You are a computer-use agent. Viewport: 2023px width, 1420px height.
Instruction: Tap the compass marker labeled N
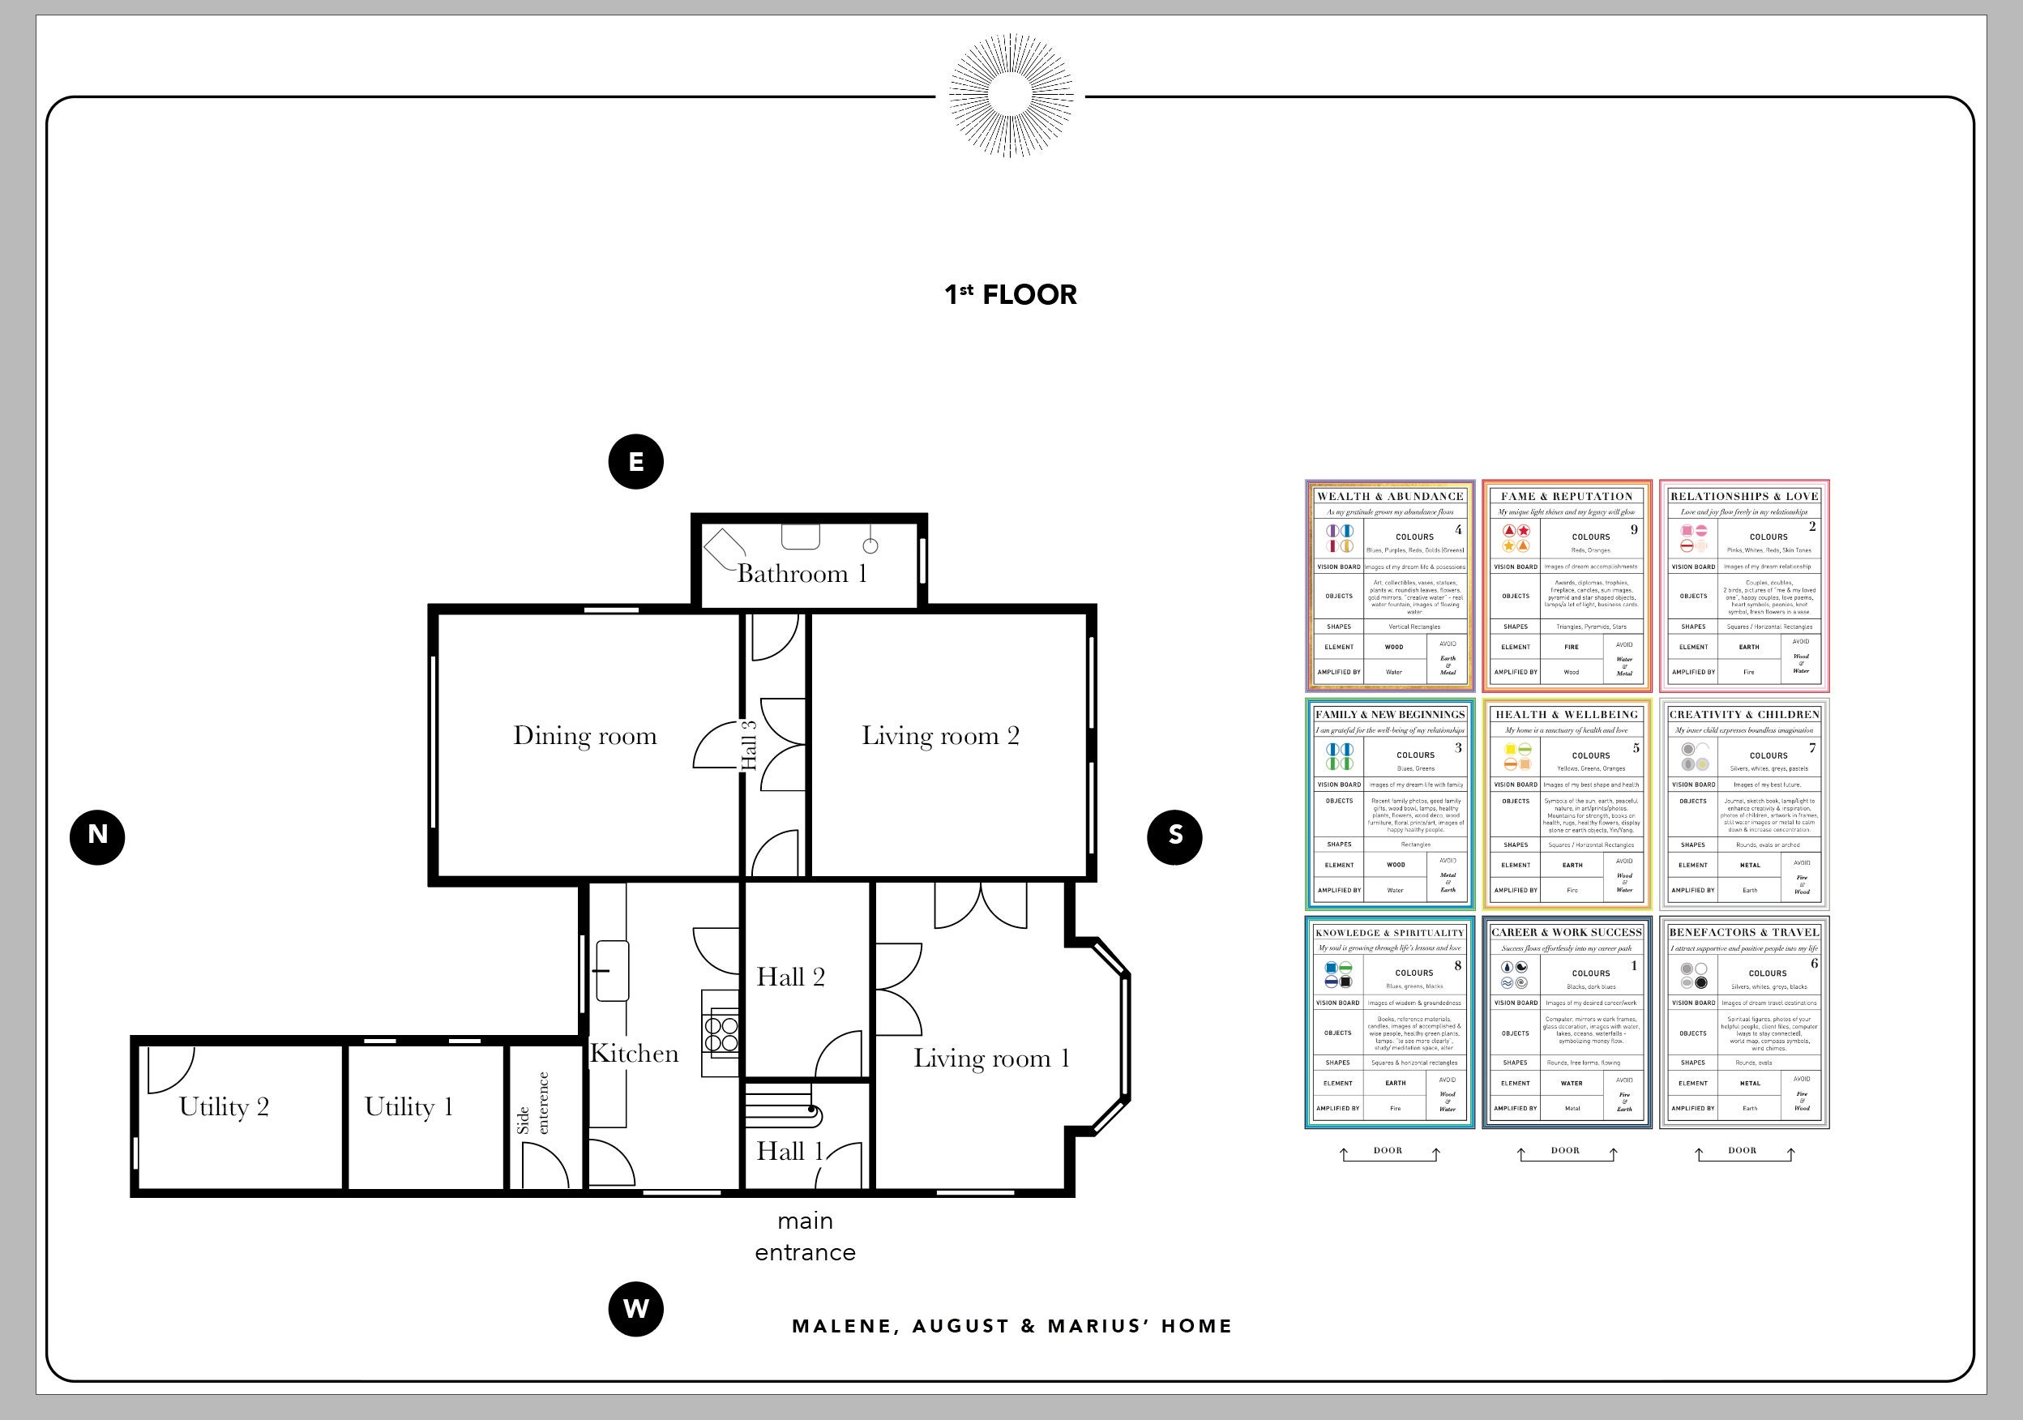pos(97,836)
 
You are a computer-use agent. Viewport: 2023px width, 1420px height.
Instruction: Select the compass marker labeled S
pos(1174,836)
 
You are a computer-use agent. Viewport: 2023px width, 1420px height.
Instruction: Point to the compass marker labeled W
pos(635,1309)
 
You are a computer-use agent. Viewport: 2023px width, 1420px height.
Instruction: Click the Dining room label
pos(585,737)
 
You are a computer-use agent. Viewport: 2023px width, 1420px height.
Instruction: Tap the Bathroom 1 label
pos(801,575)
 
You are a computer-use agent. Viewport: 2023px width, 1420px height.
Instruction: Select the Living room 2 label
pos(940,737)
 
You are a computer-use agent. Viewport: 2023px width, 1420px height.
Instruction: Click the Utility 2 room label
pos(224,1107)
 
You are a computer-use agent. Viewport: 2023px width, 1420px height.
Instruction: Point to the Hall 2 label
pos(790,977)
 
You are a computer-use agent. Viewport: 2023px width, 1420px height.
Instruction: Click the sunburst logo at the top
pos(1010,95)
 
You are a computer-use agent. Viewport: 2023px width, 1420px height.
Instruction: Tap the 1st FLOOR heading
pos(1010,294)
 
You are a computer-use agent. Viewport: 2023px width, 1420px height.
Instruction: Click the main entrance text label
pos(805,1236)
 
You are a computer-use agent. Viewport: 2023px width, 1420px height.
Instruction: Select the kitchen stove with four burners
pos(721,1033)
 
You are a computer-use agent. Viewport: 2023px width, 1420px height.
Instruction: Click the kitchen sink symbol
pos(613,971)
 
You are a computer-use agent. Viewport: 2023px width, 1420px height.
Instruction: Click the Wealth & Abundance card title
pos(1389,497)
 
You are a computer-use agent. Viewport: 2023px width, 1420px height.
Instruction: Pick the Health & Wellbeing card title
pos(1567,714)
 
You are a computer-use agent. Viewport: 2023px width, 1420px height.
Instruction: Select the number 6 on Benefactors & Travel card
pos(1813,964)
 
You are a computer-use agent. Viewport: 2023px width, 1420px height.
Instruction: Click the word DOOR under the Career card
pos(1565,1150)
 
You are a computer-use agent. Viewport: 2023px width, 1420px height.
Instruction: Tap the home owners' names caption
pos(1011,1327)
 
